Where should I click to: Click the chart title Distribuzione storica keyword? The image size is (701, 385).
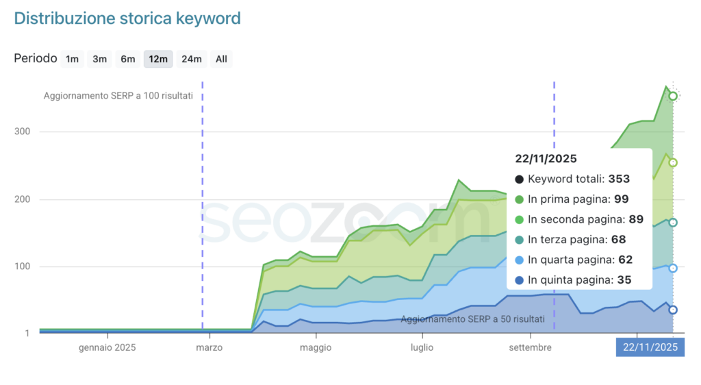(127, 18)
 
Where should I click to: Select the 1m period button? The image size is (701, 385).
(72, 59)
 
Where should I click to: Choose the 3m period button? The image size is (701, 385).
(100, 59)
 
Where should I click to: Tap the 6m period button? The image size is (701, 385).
(128, 59)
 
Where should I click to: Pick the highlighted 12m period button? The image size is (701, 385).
(158, 59)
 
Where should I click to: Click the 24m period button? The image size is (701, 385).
(191, 59)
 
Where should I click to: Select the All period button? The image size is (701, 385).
(221, 59)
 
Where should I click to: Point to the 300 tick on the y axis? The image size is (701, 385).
(23, 132)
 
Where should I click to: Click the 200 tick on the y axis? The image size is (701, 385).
(23, 199)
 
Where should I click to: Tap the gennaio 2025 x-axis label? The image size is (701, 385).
(107, 347)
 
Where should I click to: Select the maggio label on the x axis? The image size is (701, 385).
(316, 347)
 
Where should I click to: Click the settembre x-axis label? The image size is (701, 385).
(531, 347)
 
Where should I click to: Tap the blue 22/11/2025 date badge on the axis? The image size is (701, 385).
(650, 347)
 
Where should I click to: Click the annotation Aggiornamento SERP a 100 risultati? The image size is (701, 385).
(118, 96)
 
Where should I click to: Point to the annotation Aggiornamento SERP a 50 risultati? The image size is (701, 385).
(473, 319)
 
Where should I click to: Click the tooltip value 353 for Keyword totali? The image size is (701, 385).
(619, 179)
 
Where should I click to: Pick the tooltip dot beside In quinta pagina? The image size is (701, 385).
(519, 280)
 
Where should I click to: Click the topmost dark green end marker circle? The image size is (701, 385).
(673, 96)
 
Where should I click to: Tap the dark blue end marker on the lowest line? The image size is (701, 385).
(673, 310)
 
